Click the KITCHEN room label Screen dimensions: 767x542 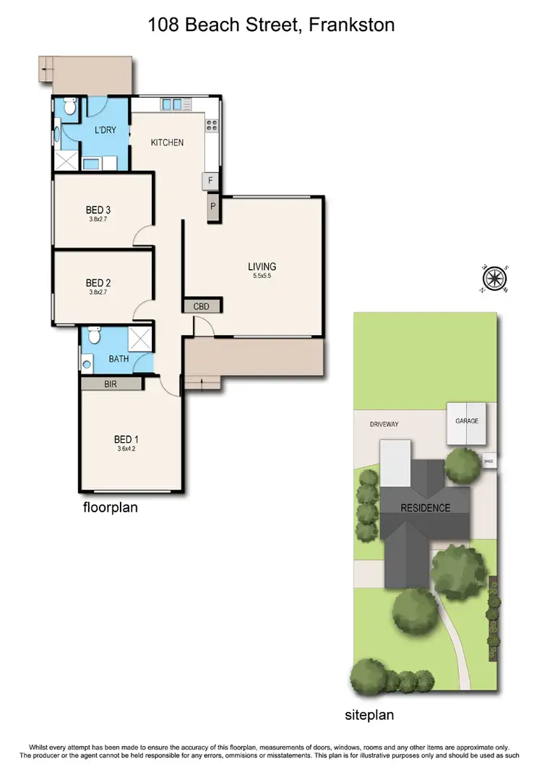pos(167,143)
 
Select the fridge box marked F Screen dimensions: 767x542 pos(211,180)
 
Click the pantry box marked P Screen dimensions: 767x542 pos(212,205)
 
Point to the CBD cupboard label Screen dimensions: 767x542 pos(202,306)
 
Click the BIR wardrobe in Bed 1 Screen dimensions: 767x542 pos(111,384)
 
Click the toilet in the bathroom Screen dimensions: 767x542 pos(93,336)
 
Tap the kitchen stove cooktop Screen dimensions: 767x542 pos(212,126)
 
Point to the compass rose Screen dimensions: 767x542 pos(495,277)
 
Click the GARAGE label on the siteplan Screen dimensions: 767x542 pos(466,420)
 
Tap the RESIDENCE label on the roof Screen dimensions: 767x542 pos(425,508)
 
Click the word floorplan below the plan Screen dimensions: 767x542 pos(110,508)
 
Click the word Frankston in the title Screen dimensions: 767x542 pos(351,25)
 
